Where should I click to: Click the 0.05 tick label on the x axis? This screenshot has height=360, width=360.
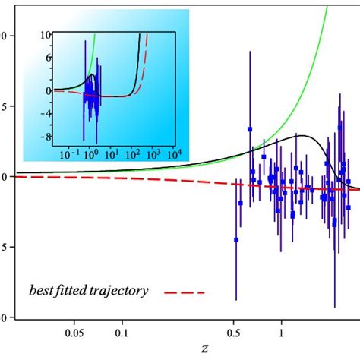[74, 332]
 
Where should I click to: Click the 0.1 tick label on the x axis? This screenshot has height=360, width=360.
[121, 332]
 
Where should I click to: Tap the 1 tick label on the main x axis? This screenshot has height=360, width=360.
[282, 332]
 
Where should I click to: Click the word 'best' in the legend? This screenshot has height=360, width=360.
[44, 290]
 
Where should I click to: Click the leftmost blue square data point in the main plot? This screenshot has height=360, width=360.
[236, 240]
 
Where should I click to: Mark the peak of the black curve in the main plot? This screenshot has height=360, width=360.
[304, 136]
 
